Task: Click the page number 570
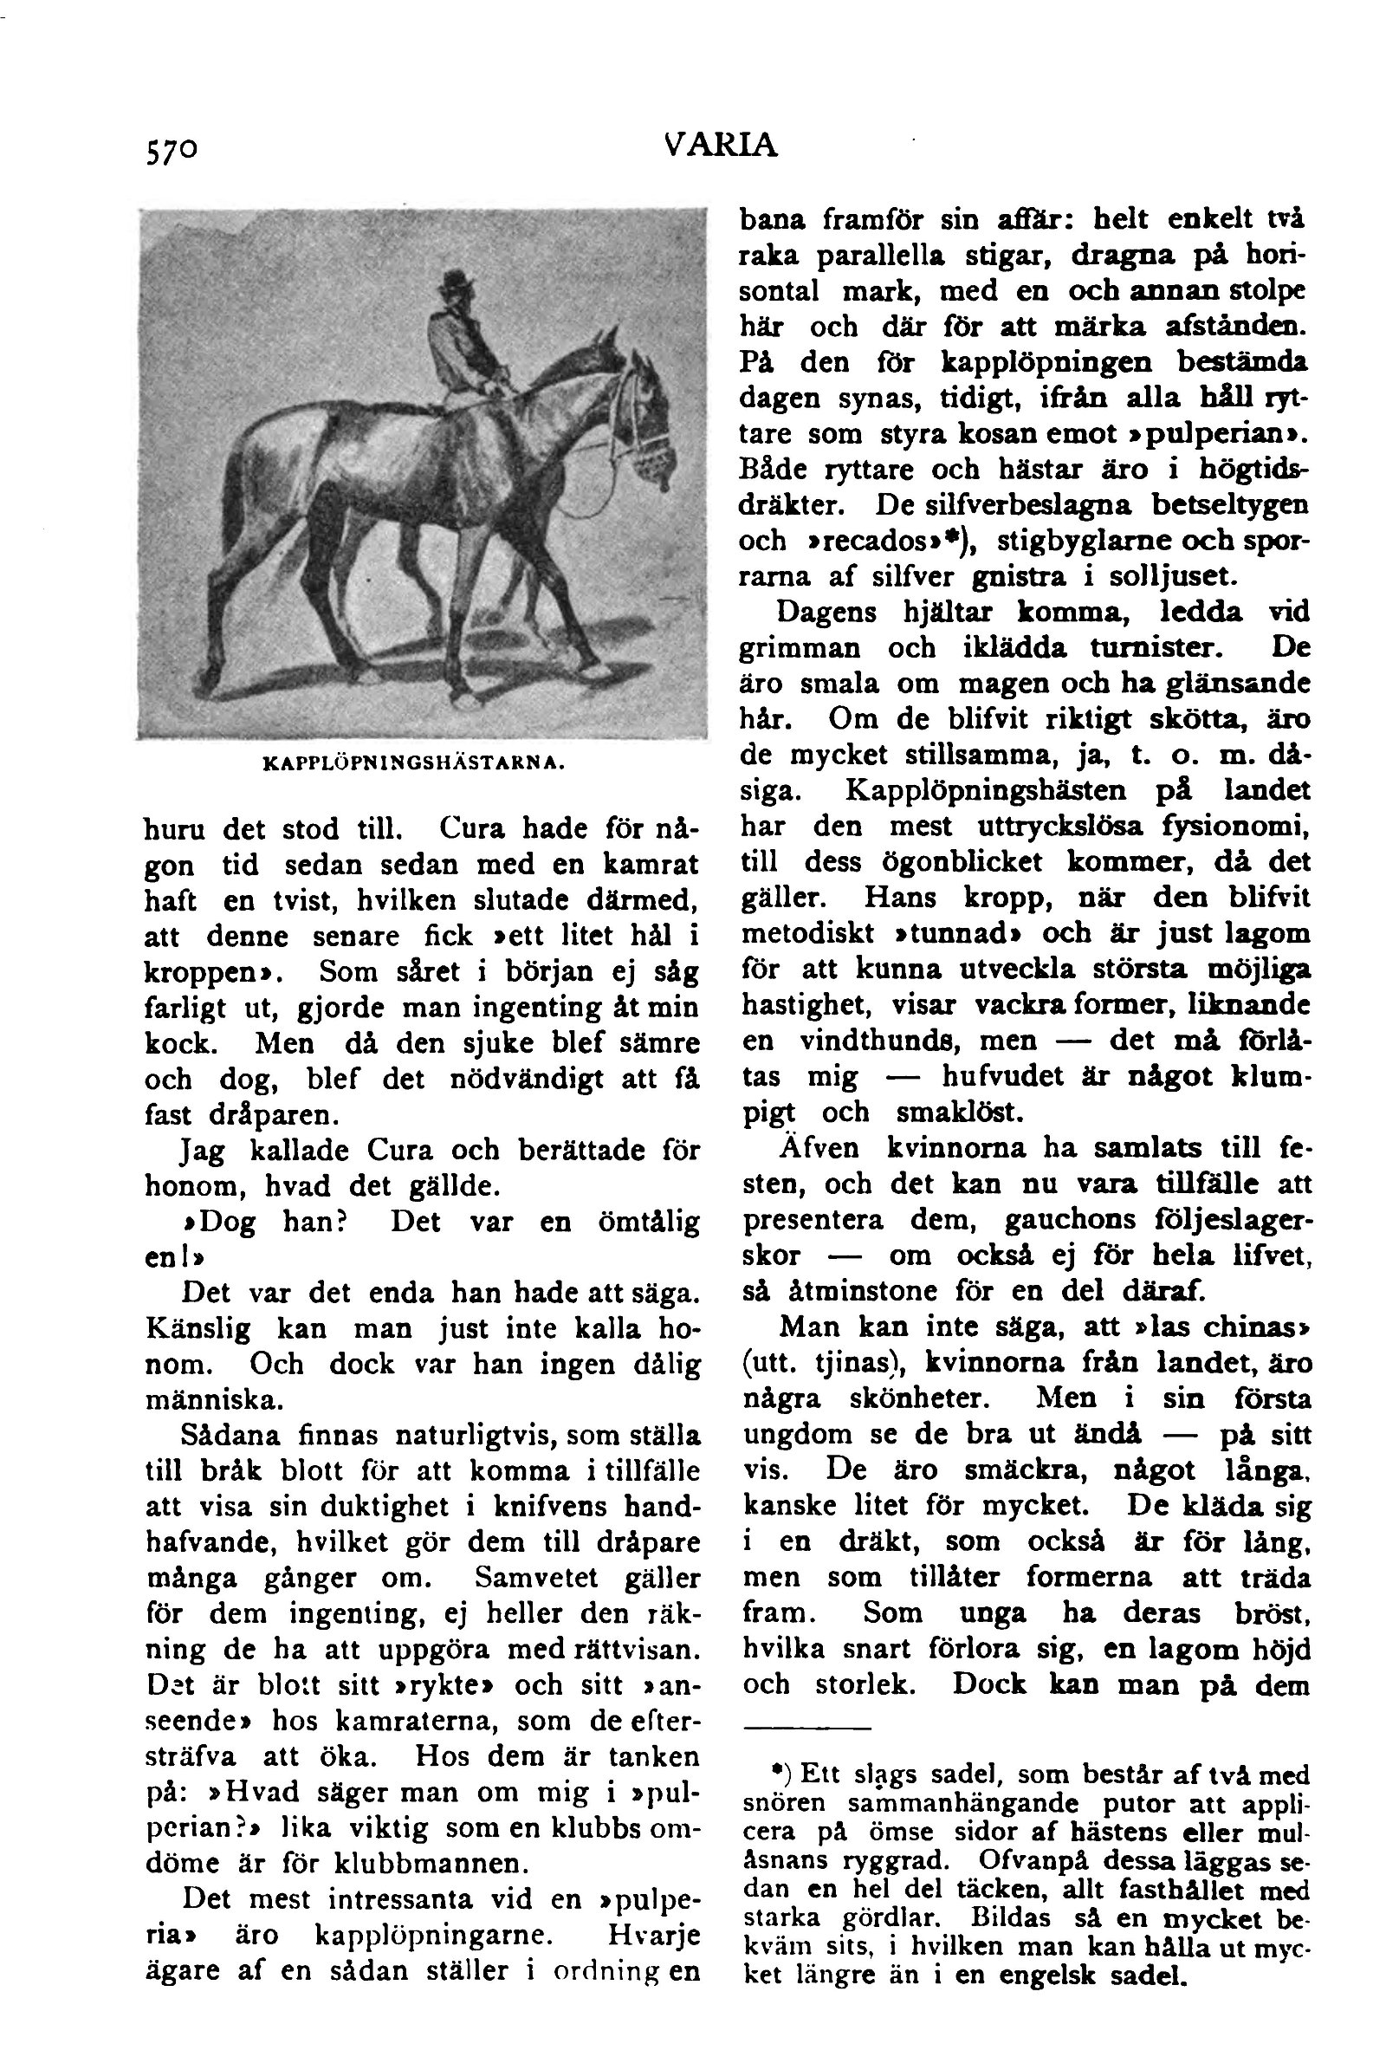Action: coord(172,151)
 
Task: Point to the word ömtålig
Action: coord(649,1222)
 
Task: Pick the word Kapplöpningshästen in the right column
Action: coord(986,790)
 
